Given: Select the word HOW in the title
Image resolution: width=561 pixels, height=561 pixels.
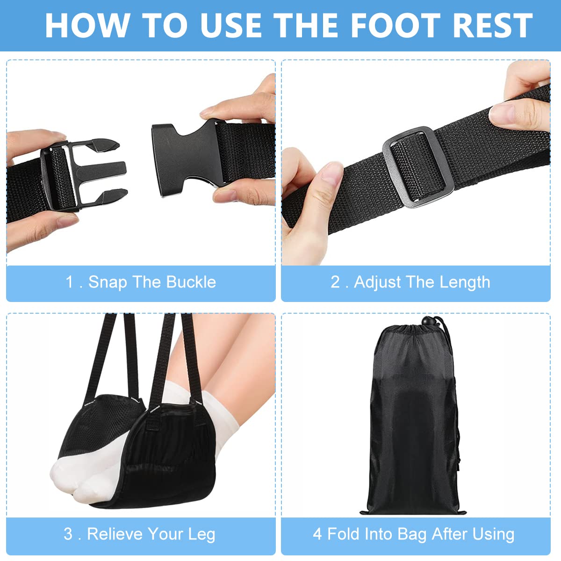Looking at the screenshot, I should tap(87, 25).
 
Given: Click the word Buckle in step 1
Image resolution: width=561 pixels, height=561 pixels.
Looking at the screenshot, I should tap(191, 282).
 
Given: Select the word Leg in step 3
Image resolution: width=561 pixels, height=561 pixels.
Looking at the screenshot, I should tap(201, 534).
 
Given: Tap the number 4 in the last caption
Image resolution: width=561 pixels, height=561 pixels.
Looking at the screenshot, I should tap(317, 534).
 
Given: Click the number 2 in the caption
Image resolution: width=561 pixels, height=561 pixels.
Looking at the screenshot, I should tap(335, 282).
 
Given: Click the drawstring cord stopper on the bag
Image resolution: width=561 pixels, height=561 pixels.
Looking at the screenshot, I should tap(427, 322).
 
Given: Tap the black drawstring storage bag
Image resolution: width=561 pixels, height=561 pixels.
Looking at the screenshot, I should tap(414, 421).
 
